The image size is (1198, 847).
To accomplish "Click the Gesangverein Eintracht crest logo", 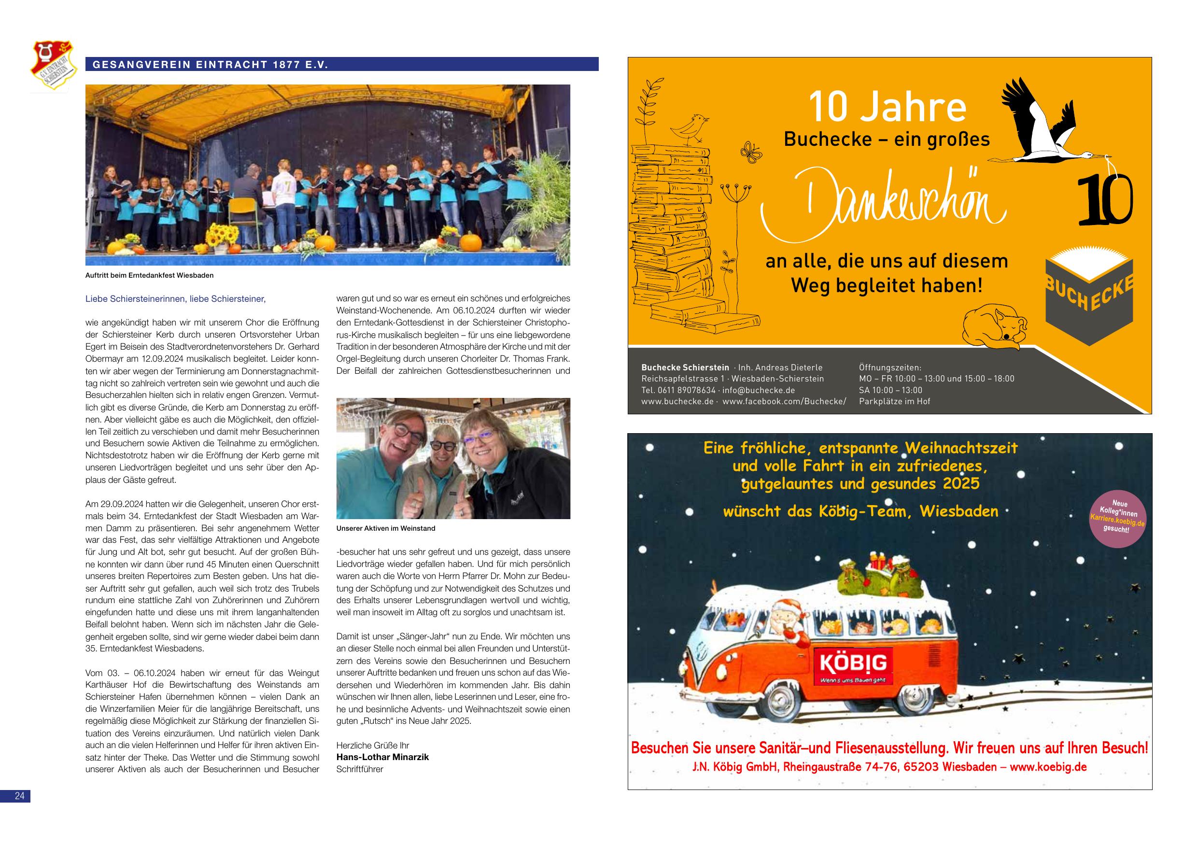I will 54,66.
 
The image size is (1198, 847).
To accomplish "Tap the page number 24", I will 20,796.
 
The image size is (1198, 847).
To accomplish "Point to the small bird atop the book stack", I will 691,128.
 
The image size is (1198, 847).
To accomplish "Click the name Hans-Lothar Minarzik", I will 382,757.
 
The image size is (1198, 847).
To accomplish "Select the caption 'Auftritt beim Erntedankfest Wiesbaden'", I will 149,275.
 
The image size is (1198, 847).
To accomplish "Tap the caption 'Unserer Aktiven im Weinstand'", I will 386,528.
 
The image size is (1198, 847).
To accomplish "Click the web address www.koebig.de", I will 1048,767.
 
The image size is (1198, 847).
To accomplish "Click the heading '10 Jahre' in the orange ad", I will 887,108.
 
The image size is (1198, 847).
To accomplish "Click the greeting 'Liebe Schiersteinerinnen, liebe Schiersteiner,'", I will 175,299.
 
